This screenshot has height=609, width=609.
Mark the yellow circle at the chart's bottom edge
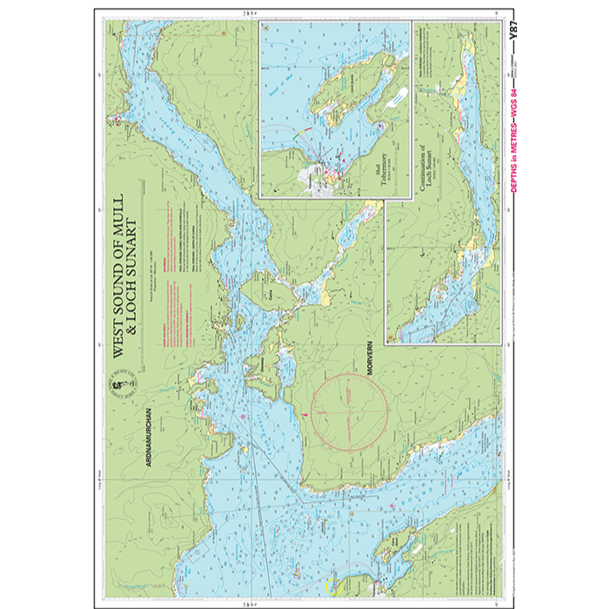[x=331, y=585]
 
